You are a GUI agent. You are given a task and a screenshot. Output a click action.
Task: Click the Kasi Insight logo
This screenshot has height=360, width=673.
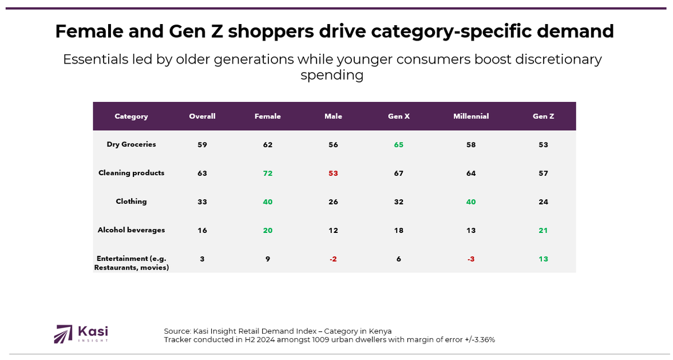[81, 334]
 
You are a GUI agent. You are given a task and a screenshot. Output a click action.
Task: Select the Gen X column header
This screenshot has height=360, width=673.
[398, 116]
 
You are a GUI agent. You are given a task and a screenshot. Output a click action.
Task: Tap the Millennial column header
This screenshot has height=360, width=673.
[471, 116]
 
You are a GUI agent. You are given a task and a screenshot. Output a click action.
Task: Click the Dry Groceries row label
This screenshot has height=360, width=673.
[131, 144]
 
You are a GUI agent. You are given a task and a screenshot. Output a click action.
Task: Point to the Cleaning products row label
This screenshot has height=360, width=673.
[131, 173]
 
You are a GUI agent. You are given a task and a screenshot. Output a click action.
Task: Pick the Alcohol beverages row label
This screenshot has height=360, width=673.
[131, 230]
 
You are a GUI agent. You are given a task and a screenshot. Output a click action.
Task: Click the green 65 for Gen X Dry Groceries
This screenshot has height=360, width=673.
[398, 145]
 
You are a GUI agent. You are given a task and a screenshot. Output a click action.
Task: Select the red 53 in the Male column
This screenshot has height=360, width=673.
[333, 173]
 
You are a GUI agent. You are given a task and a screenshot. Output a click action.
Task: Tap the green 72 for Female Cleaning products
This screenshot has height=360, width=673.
[268, 173]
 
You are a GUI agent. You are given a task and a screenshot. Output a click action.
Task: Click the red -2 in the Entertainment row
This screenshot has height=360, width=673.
[333, 259]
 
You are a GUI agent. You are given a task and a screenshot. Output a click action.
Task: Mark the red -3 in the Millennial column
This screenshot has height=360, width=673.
[471, 259]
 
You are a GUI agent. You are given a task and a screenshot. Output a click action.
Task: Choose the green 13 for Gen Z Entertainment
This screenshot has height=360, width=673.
[543, 259]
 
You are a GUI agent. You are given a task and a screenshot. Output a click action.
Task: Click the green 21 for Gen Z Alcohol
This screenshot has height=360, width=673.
[543, 231]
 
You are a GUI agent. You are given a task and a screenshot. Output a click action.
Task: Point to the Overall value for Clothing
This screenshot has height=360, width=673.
[202, 202]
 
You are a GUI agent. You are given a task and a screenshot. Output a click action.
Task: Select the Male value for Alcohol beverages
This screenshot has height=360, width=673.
[333, 231]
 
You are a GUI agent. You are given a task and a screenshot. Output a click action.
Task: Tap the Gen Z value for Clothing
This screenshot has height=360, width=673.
[543, 202]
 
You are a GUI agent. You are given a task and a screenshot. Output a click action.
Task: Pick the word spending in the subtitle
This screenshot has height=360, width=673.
[332, 75]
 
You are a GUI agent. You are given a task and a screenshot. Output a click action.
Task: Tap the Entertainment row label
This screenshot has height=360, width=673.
[131, 263]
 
